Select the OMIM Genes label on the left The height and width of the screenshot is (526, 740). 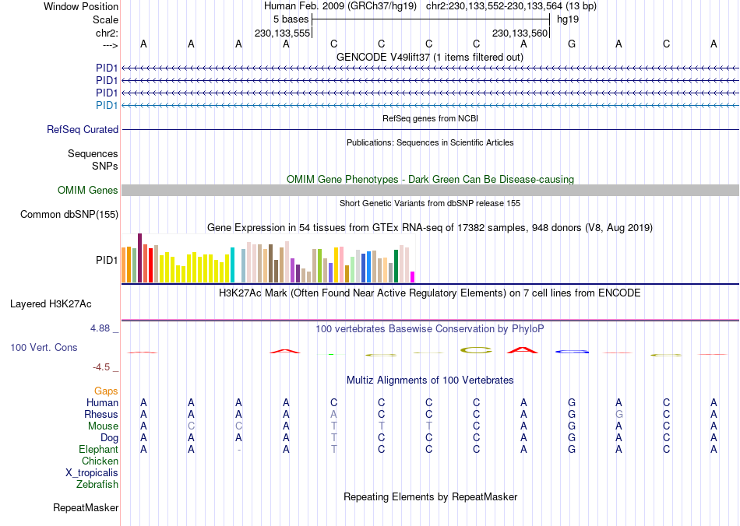(x=88, y=191)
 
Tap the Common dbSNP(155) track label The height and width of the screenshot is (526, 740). (x=69, y=215)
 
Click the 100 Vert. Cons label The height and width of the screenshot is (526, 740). (x=44, y=348)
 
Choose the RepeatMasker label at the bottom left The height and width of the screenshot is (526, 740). (x=86, y=508)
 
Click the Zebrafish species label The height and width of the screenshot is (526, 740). (x=97, y=485)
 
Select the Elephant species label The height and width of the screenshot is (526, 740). (x=98, y=450)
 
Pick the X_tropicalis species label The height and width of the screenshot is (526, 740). (x=92, y=473)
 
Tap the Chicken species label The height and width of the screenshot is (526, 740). (x=100, y=461)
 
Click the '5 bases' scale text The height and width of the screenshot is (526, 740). (x=291, y=19)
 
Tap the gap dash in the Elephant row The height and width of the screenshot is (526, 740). (x=239, y=450)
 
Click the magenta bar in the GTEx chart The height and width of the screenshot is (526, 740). (x=413, y=276)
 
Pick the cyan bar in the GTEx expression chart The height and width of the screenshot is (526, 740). (x=232, y=265)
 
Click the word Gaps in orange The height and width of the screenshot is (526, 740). (x=106, y=391)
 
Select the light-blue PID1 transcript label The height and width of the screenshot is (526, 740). (x=107, y=105)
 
